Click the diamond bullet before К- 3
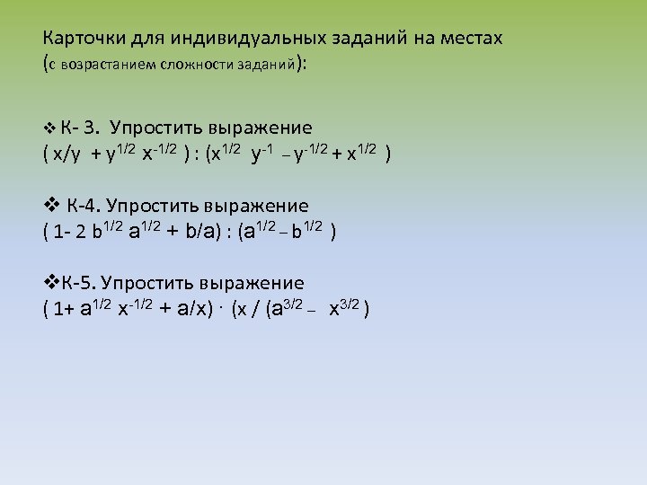tap(49, 128)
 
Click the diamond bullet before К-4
tap(51, 206)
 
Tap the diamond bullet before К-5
tap(50, 283)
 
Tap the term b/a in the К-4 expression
tap(201, 232)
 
